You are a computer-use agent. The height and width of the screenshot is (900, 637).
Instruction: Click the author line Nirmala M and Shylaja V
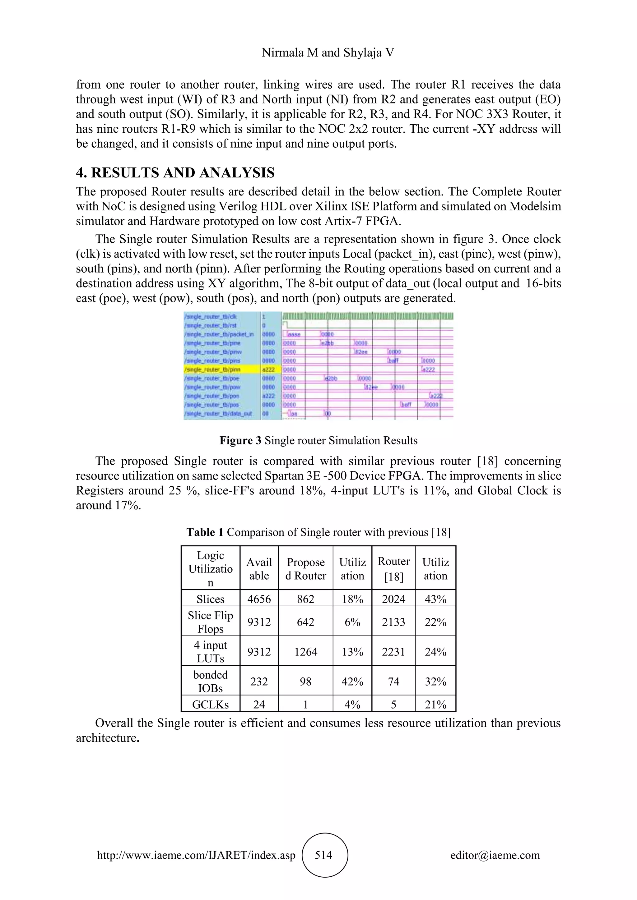click(328, 53)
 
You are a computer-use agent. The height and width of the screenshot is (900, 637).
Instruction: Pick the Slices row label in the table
click(210, 599)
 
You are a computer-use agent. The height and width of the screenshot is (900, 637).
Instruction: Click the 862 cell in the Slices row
click(305, 599)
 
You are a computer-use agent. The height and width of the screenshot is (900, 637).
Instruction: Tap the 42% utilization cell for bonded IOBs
click(352, 681)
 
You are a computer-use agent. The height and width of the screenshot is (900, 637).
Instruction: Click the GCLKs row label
click(210, 705)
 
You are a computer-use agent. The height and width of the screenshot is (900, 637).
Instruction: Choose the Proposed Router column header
click(305, 569)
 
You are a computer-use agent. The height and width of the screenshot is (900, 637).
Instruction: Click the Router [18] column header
click(393, 569)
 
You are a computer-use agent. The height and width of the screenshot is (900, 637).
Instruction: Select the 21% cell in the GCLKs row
click(435, 705)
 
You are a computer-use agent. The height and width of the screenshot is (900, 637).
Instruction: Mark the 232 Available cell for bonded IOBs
click(259, 681)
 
